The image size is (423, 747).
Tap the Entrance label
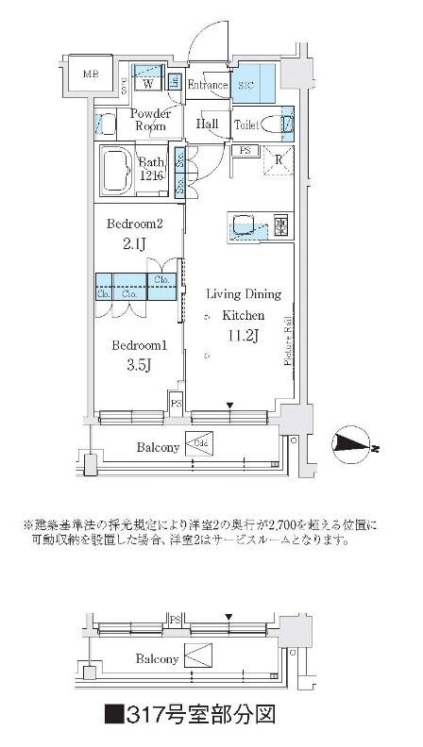click(207, 86)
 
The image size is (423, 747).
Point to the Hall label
click(207, 124)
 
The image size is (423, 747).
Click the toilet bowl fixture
click(274, 123)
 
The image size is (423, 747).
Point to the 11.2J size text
click(236, 335)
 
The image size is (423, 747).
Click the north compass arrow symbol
click(355, 445)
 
